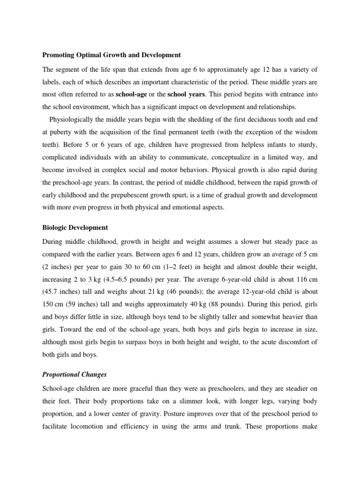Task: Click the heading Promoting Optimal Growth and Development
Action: [111, 55]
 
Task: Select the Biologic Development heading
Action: [75, 228]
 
